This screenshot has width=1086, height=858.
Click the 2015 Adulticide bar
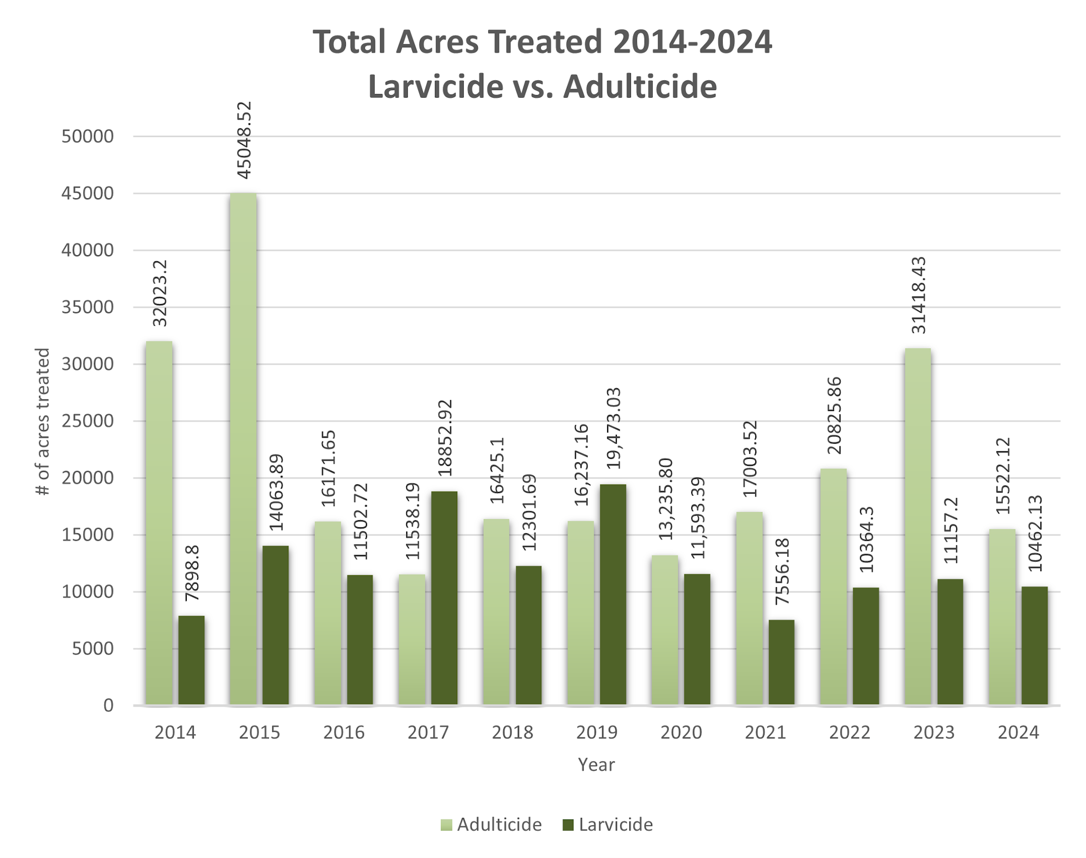pyautogui.click(x=243, y=449)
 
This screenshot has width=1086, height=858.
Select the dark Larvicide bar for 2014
pyautogui.click(x=191, y=660)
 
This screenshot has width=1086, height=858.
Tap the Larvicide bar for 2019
pyautogui.click(x=613, y=595)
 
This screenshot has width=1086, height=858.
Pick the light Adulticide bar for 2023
pyautogui.click(x=918, y=527)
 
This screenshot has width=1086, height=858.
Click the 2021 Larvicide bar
pyautogui.click(x=781, y=663)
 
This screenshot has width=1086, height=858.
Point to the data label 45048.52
pyautogui.click(x=244, y=140)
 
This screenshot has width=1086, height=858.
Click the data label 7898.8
pyautogui.click(x=192, y=573)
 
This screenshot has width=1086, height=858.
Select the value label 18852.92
pyautogui.click(x=445, y=438)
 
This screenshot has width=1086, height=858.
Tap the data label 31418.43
pyautogui.click(x=918, y=295)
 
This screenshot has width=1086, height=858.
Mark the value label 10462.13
pyautogui.click(x=1035, y=533)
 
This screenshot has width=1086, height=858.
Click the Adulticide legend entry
pyautogui.click(x=491, y=824)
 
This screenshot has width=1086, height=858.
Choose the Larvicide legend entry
pyautogui.click(x=608, y=824)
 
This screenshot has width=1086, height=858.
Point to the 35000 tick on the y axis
pyautogui.click(x=87, y=307)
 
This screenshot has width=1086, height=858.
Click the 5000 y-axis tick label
pyautogui.click(x=93, y=648)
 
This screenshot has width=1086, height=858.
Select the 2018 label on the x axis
pyautogui.click(x=512, y=733)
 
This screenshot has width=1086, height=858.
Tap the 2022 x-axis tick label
pyautogui.click(x=849, y=733)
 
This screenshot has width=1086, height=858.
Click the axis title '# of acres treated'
pyautogui.click(x=43, y=421)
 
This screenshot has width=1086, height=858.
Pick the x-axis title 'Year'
pyautogui.click(x=596, y=765)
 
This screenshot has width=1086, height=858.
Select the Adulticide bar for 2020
pyautogui.click(x=665, y=630)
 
